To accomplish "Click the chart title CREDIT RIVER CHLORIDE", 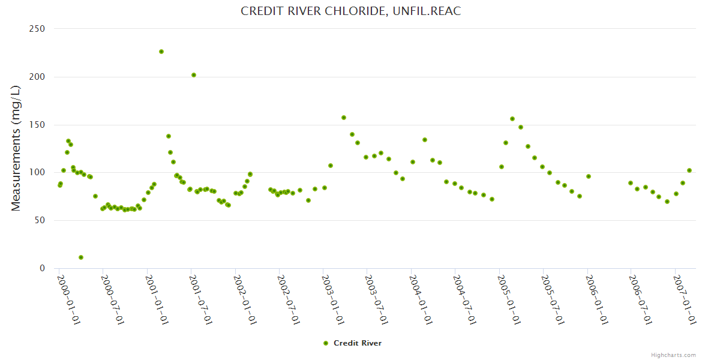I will click(x=350, y=11).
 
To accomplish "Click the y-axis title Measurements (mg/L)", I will click(x=16, y=148).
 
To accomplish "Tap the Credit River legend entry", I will click(x=352, y=343).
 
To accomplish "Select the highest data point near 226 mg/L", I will click(x=161, y=52).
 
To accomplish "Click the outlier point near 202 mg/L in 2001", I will click(x=194, y=75).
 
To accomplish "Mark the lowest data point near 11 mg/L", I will click(x=81, y=257).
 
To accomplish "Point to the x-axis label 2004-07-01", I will click(x=464, y=299).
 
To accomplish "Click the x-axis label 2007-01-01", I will click(x=684, y=299).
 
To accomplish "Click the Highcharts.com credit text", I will click(x=673, y=355).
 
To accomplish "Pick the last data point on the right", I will click(x=689, y=170).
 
